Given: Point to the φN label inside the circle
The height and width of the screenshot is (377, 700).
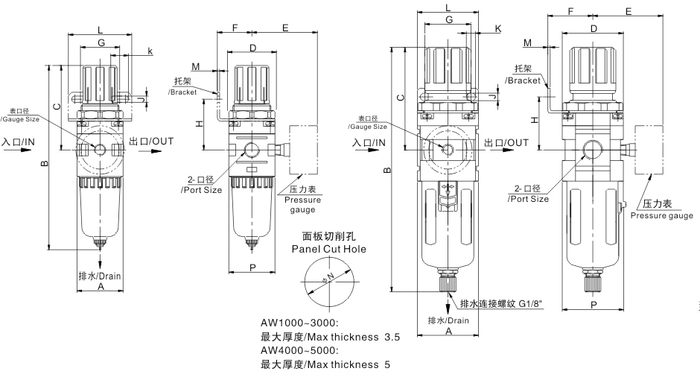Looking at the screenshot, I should coord(328,281).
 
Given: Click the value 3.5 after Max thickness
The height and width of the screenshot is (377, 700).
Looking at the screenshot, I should coord(391,337).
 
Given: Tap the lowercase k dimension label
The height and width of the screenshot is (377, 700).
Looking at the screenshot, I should coord(150,51).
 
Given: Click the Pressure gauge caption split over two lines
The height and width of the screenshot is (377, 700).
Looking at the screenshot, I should coord(303,205).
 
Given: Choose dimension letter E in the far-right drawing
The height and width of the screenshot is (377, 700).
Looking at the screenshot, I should coord(629,12).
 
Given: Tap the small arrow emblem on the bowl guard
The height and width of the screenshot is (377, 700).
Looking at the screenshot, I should coord(448,188).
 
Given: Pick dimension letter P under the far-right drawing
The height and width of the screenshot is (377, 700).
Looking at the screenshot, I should coord(594,304).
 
